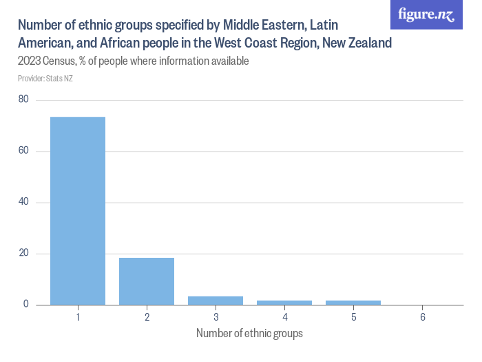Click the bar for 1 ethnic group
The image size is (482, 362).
point(78,211)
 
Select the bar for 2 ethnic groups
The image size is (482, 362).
point(147,281)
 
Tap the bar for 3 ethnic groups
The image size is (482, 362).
point(216,301)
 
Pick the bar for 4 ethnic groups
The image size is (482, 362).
point(284,303)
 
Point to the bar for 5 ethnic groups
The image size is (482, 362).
point(353,303)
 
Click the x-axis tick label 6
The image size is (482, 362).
point(422,317)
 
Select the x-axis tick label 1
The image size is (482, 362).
point(78,317)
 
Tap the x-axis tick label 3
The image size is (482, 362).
point(216,317)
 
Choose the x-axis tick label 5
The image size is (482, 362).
point(353,317)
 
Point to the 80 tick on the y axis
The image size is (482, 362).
point(23,100)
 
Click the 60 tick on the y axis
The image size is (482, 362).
point(23,151)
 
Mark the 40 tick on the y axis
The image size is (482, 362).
point(23,202)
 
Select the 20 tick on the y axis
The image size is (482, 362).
point(23,254)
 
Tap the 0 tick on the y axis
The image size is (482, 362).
point(25,305)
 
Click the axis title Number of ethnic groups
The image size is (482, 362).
point(249,334)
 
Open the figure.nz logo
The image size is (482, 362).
point(426,14)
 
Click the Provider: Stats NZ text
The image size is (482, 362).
point(45,79)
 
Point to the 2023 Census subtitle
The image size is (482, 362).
point(133,61)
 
